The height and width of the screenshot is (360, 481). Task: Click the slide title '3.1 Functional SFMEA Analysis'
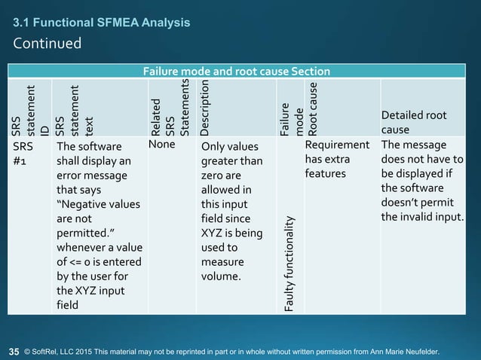click(101, 23)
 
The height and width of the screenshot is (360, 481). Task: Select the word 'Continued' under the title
click(47, 43)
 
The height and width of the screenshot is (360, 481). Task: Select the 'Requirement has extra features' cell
click(336, 159)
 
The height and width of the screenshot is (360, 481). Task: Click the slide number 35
click(14, 351)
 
